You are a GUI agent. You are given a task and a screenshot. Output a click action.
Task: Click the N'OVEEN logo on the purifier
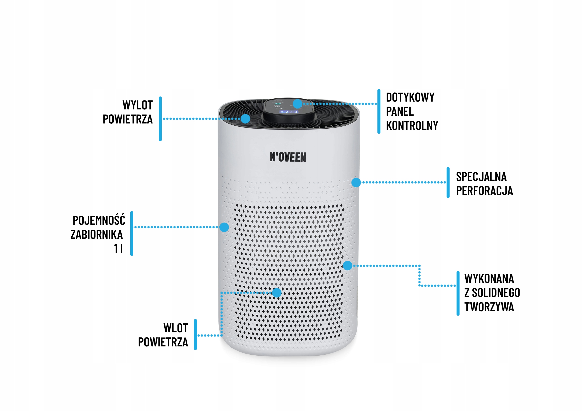pos(288,157)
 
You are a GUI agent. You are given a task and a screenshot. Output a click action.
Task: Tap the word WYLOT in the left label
pos(138,105)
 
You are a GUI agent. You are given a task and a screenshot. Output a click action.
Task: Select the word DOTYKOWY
pos(410,97)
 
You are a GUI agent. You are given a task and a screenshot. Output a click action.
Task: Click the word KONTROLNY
pos(412,126)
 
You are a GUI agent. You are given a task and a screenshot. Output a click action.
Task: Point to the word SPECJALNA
pos(481,177)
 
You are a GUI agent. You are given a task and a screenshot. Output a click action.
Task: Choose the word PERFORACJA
pos(484,191)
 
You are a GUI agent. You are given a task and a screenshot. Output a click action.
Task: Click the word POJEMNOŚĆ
pos(99,220)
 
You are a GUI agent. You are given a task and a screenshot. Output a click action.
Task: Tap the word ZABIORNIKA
pos(97,234)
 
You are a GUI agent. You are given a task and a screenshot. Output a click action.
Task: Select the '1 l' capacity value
pos(118,249)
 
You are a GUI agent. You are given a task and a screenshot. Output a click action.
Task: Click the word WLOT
pos(176,328)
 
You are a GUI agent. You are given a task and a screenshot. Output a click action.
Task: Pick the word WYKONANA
pos(489,279)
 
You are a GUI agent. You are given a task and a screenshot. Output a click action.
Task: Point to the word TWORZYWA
pos(489,307)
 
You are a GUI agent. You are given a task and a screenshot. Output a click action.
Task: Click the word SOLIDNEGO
pos(496,293)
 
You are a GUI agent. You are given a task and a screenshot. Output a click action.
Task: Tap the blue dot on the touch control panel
pos(297,104)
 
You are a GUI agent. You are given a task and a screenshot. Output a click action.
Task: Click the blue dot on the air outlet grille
pos(245,119)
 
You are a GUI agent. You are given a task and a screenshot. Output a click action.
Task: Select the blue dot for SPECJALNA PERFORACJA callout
pos(356,182)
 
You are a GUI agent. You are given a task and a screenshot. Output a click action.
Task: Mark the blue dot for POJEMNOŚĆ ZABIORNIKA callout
pos(224,227)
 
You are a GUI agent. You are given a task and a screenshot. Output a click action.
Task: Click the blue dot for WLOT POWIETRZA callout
pos(277,293)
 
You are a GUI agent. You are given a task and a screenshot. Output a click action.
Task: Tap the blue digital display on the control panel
pos(288,112)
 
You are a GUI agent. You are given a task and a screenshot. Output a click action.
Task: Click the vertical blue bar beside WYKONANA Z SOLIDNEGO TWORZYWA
pos(458,293)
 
